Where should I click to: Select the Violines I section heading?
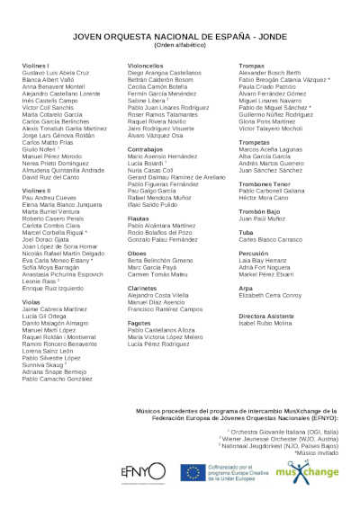36,67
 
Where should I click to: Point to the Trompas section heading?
251,67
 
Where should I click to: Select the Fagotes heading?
139,322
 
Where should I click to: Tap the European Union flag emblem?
191,472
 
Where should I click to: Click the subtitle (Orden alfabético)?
180,43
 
